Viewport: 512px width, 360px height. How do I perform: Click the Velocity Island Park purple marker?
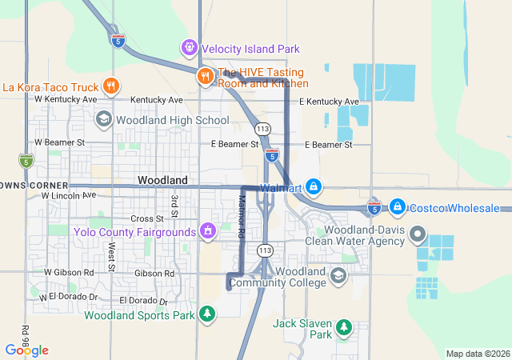[190, 47]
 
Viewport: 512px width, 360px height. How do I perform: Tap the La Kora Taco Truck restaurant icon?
[111, 86]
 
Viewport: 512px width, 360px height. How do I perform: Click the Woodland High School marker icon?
[103, 120]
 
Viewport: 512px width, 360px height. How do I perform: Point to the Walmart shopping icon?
[314, 188]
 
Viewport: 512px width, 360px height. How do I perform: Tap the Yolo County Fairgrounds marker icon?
[208, 232]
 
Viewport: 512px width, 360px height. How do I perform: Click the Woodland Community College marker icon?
[338, 275]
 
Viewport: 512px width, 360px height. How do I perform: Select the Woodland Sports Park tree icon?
[207, 314]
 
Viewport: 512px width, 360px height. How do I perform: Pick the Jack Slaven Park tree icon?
[344, 327]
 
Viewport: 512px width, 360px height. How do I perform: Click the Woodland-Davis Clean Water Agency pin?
[417, 234]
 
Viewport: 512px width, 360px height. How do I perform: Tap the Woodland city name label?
[162, 181]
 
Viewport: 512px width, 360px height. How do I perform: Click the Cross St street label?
[146, 218]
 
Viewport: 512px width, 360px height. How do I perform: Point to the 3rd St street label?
[174, 207]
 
